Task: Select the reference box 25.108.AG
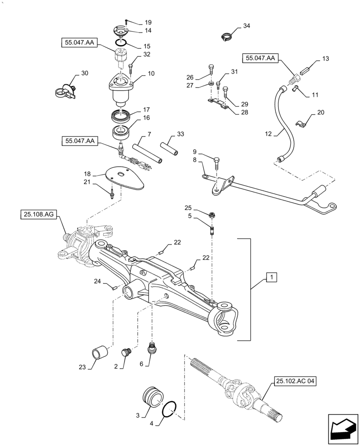coord(37,215)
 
